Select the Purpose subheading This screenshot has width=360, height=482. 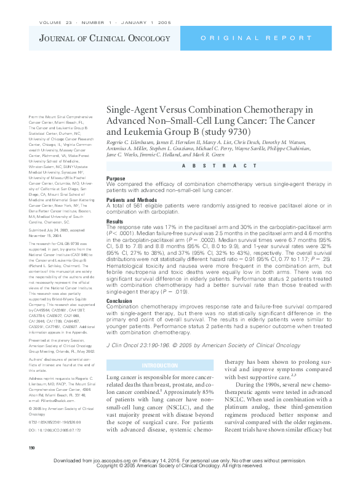[116, 178]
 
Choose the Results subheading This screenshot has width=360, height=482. [115, 220]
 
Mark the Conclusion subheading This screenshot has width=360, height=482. [120, 301]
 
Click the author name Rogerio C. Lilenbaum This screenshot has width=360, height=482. [134, 141]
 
